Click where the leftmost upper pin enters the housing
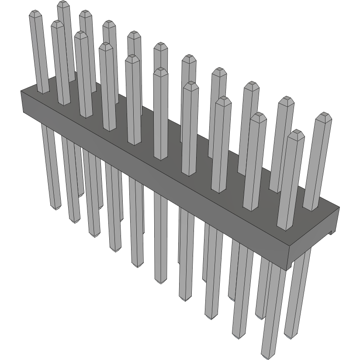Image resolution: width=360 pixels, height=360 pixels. point(43,91)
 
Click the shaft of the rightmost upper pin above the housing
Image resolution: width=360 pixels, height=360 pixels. point(317,162)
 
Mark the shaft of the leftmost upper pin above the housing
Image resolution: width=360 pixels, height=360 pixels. point(38,52)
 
